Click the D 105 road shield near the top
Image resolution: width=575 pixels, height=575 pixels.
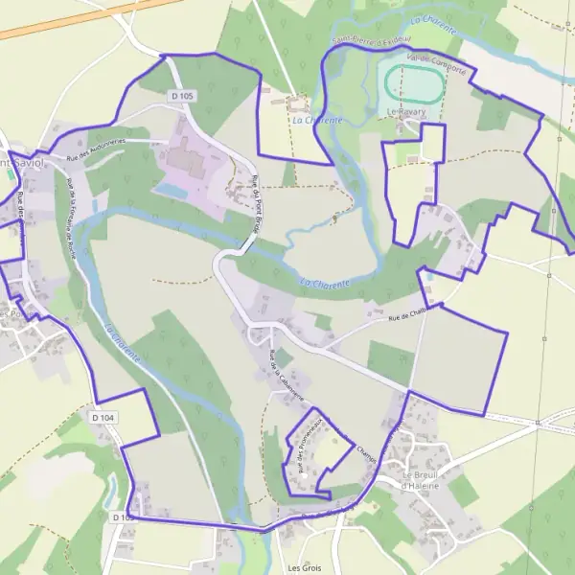(x=182, y=96)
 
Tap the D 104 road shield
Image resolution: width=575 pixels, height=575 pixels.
(x=103, y=418)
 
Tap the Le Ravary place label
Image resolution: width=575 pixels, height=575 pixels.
(x=407, y=111)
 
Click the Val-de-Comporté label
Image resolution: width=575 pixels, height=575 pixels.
(x=436, y=63)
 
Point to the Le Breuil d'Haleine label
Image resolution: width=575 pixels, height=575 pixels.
(x=420, y=479)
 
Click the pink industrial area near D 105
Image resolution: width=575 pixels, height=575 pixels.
(x=192, y=163)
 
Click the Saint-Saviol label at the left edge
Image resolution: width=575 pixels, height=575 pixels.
(x=19, y=162)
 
